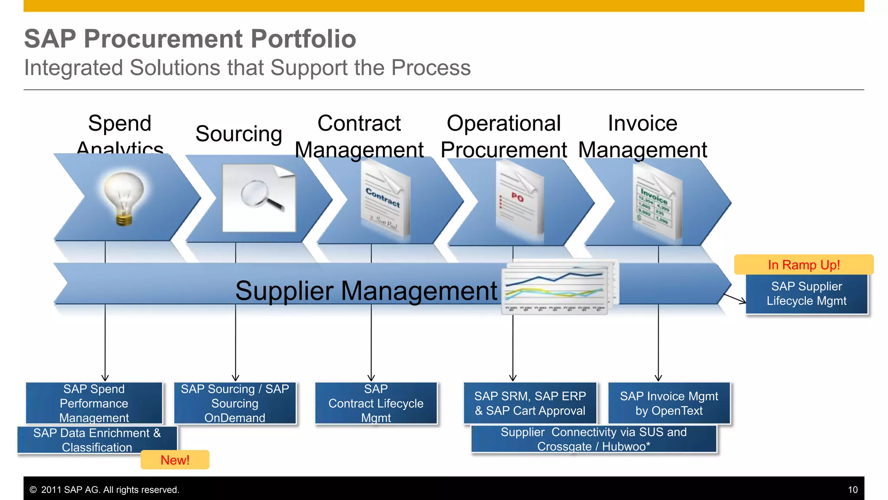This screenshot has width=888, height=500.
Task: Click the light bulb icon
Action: tap(124, 197)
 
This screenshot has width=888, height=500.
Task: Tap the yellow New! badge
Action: tap(175, 460)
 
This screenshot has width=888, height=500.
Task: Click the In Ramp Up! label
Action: tap(803, 265)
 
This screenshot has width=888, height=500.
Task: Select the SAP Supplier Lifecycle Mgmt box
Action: tap(806, 294)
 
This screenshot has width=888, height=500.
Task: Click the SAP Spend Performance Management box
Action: tap(94, 403)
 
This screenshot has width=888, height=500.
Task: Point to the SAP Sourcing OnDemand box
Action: tap(235, 403)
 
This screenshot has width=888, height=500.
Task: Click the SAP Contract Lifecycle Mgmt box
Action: tap(375, 403)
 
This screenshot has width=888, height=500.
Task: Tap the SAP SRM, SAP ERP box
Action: tap(529, 403)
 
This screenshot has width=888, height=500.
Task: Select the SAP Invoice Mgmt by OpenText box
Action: tap(669, 403)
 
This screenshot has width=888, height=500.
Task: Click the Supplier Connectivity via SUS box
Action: tap(593, 439)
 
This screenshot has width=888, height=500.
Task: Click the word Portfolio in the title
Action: tap(303, 39)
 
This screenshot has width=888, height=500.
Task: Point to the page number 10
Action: tap(852, 490)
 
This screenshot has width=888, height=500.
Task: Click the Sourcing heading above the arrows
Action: tap(238, 134)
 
